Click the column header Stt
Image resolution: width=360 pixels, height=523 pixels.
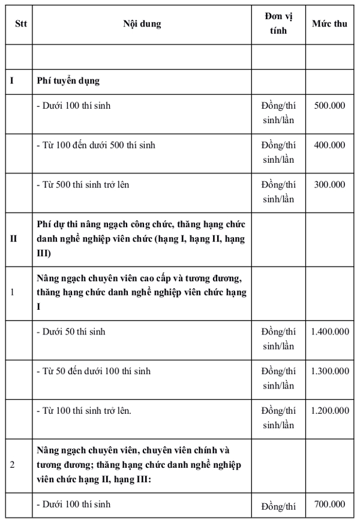(x=18, y=24)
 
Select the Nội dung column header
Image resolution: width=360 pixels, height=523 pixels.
(x=142, y=24)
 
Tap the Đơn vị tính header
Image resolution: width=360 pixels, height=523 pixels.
(x=278, y=24)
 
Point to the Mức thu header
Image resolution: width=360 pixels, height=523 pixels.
(x=329, y=24)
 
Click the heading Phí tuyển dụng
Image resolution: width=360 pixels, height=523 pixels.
(x=67, y=80)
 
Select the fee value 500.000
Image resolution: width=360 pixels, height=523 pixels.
(x=329, y=106)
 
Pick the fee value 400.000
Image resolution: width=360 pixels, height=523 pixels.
(x=329, y=145)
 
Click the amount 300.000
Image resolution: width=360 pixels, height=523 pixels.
(x=329, y=185)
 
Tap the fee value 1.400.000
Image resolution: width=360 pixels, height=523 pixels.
(x=329, y=331)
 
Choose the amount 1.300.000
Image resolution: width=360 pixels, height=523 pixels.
(x=329, y=371)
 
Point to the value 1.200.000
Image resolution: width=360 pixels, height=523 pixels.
(x=329, y=411)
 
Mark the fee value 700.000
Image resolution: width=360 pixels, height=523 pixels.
(x=329, y=504)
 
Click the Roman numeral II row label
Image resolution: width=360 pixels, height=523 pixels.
(x=13, y=239)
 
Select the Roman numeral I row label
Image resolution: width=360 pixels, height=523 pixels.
(x=12, y=80)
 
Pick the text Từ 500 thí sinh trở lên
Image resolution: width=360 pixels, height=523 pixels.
(x=83, y=185)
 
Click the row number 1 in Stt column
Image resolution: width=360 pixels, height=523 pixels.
(x=13, y=292)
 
